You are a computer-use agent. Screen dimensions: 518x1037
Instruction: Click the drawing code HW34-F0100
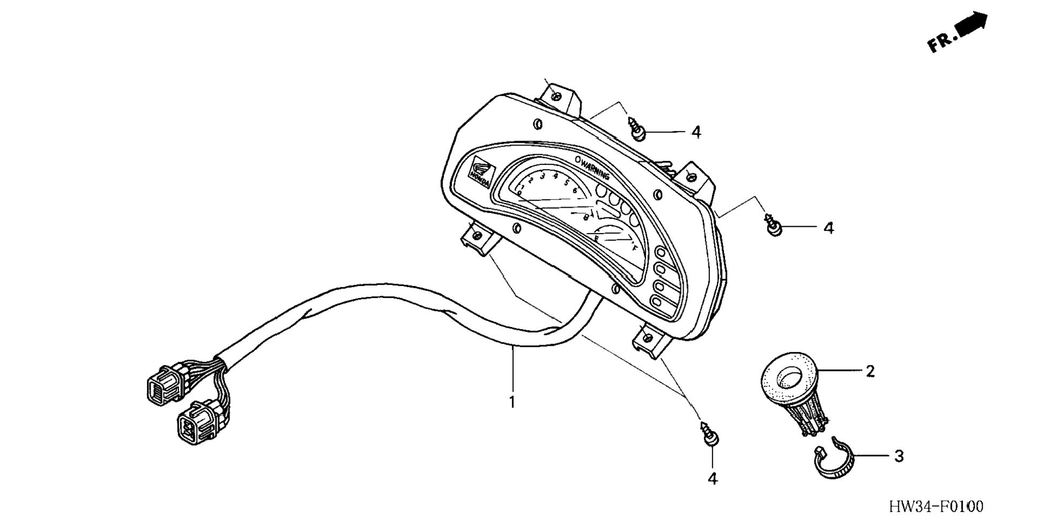pos(936,506)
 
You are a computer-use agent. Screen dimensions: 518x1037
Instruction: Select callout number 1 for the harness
pos(512,402)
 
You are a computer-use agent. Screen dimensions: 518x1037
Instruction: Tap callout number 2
pos(869,371)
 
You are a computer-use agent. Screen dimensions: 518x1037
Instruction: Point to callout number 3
pos(899,456)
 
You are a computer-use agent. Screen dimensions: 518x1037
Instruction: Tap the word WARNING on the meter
pos(595,168)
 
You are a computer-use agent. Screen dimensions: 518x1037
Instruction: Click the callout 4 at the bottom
pos(712,478)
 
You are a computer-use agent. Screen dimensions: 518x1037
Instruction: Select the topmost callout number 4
pos(696,132)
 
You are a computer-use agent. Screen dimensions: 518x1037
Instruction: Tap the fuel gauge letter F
pos(635,248)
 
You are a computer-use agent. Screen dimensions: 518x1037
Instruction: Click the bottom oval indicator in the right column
pos(658,301)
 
